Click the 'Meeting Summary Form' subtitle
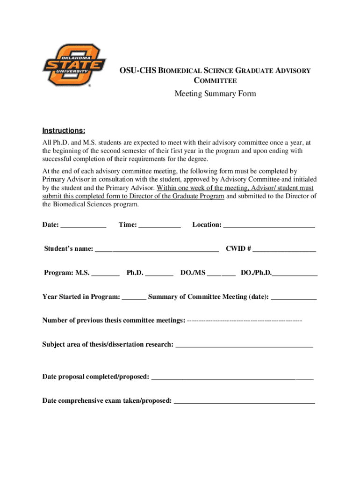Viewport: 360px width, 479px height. tap(215, 94)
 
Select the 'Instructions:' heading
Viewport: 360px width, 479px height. tap(64, 130)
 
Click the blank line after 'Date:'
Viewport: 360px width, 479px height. tap(83, 225)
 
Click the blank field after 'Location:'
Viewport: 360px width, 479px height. tap(269, 225)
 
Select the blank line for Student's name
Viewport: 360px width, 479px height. tap(157, 249)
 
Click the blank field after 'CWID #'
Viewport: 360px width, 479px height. tap(285, 249)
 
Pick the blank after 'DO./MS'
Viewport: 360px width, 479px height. tap(221, 273)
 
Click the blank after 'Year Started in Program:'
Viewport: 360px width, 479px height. tap(136, 298)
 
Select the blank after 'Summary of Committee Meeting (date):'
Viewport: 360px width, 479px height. tap(294, 298)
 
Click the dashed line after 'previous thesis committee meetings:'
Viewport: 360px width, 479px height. tap(244, 321)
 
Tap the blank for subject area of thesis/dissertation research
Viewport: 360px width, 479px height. tap(244, 345)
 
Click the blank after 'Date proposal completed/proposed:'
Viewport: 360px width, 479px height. tap(232, 377)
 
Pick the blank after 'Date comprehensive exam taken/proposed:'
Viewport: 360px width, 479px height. tap(244, 401)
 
